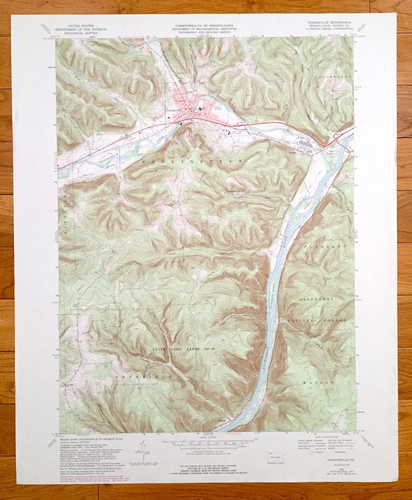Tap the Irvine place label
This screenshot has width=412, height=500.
(293, 153)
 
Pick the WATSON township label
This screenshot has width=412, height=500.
(319, 382)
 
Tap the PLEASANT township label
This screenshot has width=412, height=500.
(325, 247)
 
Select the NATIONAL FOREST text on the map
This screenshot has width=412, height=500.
(317, 321)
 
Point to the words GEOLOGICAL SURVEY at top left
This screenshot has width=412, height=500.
(81, 33)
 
